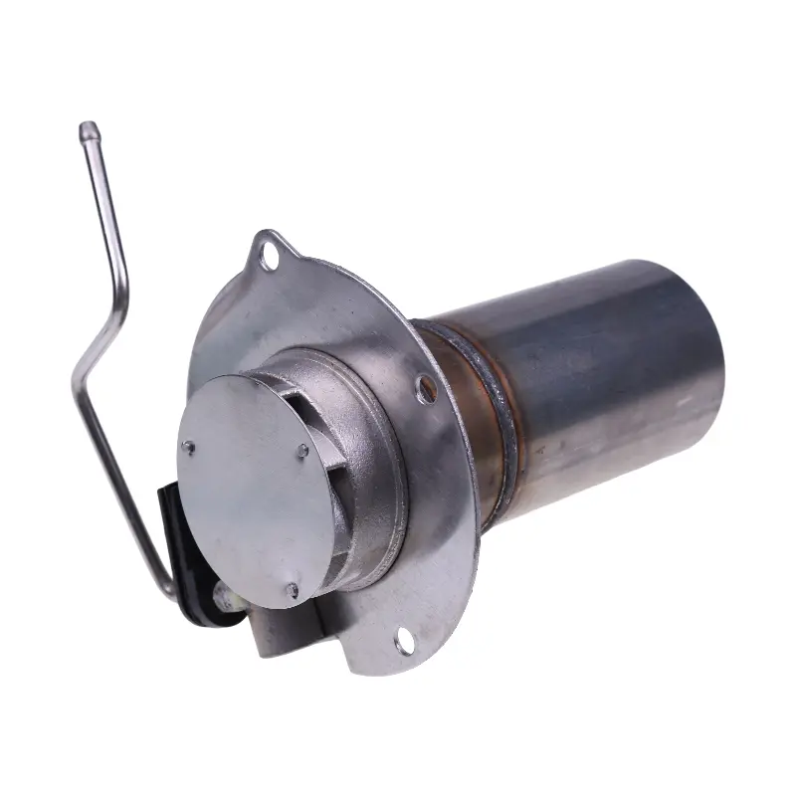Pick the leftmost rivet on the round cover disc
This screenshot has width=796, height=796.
coord(189,448)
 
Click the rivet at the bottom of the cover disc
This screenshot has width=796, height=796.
coord(292,591)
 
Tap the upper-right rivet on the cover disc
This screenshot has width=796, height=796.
coord(302,452)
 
